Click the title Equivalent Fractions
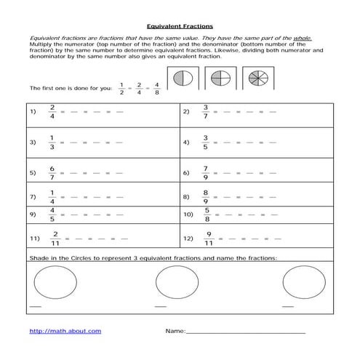[x=179, y=24]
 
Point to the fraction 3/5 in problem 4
[x=205, y=143]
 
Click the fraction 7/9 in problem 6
[x=205, y=173]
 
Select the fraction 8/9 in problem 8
[x=205, y=196]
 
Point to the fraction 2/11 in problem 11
[x=55, y=237]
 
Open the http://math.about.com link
[x=65, y=331]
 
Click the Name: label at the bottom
[x=175, y=331]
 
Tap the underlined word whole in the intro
[x=303, y=36]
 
